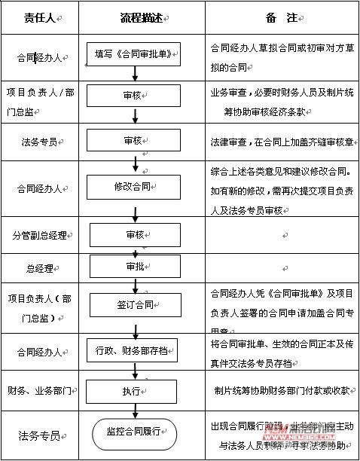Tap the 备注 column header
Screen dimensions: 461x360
tap(280, 19)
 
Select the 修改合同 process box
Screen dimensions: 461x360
tap(134, 185)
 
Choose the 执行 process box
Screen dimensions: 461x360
tap(133, 392)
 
